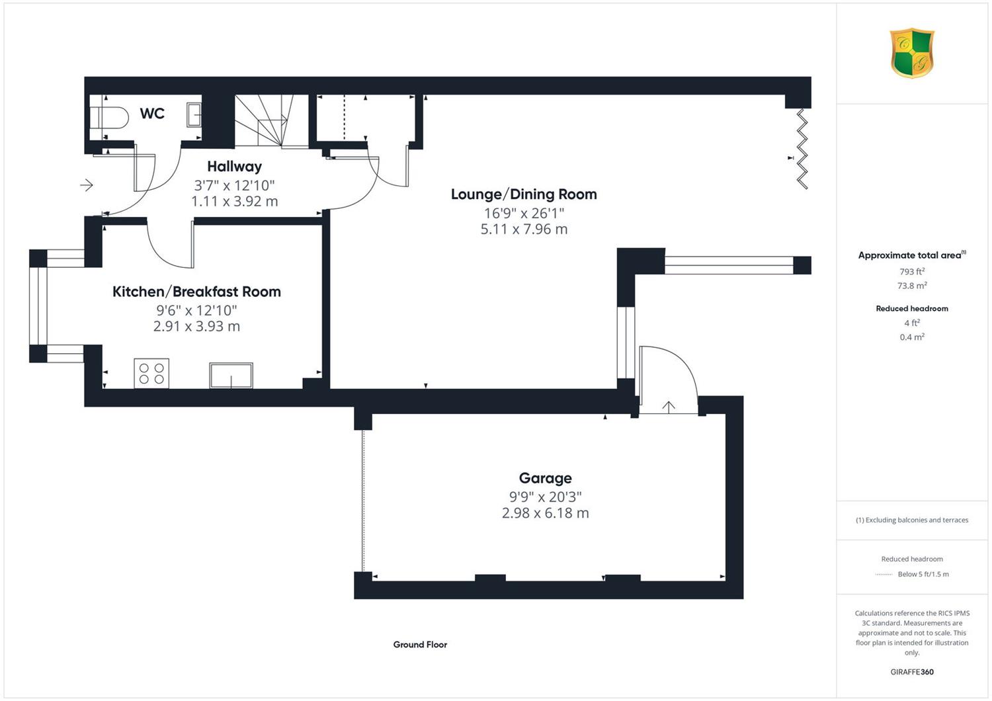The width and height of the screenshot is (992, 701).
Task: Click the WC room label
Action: tap(152, 113)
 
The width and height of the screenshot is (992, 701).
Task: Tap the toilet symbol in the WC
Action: tap(109, 118)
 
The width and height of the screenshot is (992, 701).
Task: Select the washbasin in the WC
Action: tap(194, 114)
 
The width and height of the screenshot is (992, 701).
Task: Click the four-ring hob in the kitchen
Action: tap(151, 373)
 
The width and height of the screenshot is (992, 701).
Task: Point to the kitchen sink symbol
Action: tap(231, 376)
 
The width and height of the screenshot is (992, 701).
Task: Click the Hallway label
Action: tap(234, 167)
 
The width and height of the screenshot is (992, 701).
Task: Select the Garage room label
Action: tap(545, 478)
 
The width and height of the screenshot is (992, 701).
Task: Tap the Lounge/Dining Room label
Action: tap(524, 194)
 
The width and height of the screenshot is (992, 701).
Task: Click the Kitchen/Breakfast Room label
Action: tap(196, 292)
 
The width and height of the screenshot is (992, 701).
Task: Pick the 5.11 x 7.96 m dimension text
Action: tap(524, 229)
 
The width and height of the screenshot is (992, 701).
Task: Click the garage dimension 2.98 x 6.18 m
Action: tap(545, 513)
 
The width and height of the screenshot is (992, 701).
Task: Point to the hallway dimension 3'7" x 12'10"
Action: tap(234, 185)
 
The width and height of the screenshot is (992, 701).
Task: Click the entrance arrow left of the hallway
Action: tap(87, 185)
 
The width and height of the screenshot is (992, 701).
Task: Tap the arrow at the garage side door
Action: tap(668, 407)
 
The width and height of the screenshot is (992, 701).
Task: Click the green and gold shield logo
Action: tap(912, 53)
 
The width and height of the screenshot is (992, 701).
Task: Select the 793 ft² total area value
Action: tap(912, 271)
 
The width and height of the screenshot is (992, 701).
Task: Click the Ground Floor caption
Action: tap(420, 645)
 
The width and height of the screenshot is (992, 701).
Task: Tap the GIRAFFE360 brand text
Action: tap(912, 672)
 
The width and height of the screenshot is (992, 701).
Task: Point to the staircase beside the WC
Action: tap(271, 120)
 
